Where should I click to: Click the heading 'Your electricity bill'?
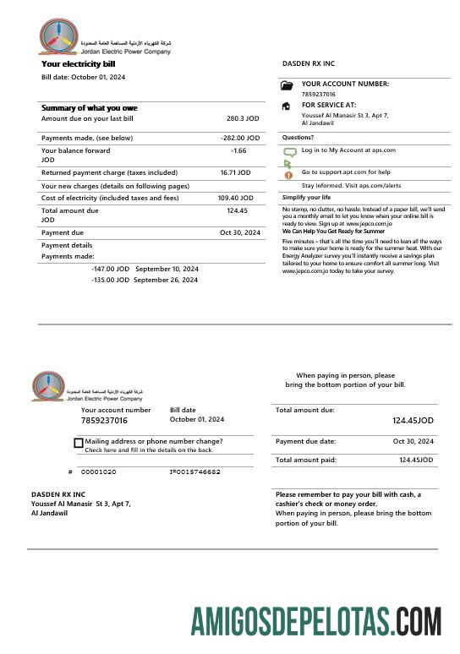click(x=78, y=63)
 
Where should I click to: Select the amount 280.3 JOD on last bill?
click(x=242, y=119)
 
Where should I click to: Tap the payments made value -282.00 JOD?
click(x=239, y=137)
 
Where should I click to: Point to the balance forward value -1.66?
click(x=238, y=150)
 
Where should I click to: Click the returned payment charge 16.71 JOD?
click(x=235, y=172)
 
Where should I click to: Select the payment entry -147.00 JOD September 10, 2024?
click(x=145, y=269)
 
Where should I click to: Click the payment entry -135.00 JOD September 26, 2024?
click(x=145, y=280)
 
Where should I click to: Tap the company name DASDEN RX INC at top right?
click(x=308, y=63)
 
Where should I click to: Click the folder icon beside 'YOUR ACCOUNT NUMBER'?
click(x=287, y=85)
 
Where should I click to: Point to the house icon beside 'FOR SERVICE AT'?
click(x=287, y=106)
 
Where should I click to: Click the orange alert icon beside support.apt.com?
click(x=288, y=174)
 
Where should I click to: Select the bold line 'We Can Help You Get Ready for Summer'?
click(x=333, y=231)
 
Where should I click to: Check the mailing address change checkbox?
click(x=79, y=443)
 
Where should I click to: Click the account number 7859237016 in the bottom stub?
click(x=104, y=420)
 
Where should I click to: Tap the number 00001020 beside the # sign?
click(x=99, y=471)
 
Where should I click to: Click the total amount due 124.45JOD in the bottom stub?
click(x=413, y=420)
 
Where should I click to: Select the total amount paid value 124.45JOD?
click(x=416, y=460)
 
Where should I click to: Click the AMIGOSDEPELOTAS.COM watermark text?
click(x=315, y=621)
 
